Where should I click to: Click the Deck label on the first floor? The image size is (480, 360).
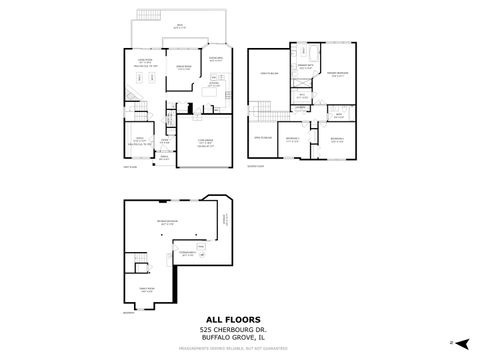pos(179,27)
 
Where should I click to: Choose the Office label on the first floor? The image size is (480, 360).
pos(141,140)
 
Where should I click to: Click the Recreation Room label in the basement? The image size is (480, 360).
pos(166,224)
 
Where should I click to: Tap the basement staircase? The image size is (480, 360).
pos(140,263)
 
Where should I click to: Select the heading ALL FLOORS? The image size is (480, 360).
pos(240,321)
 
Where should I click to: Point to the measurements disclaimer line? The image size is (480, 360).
pos(240,349)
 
